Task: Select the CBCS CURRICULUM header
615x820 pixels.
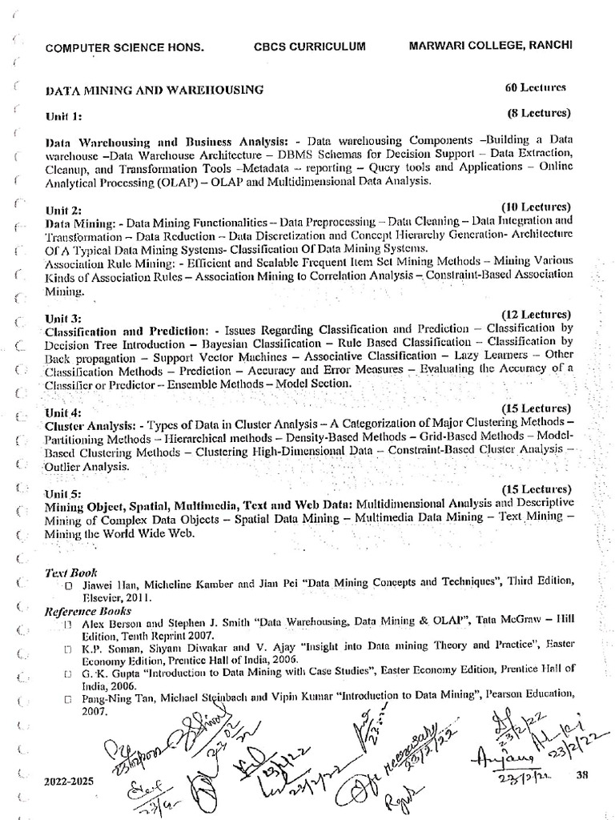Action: coord(311,46)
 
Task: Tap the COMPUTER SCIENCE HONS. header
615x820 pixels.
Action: coord(125,48)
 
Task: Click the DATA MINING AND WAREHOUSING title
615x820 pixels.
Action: coord(155,90)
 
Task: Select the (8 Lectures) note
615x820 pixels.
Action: coord(539,112)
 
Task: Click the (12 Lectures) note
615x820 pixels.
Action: coord(536,314)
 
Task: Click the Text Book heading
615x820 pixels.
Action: coord(71,573)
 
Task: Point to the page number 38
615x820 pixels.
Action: coord(583,774)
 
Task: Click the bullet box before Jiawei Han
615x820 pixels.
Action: coord(70,586)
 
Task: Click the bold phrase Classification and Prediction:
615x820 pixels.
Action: coord(128,330)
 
